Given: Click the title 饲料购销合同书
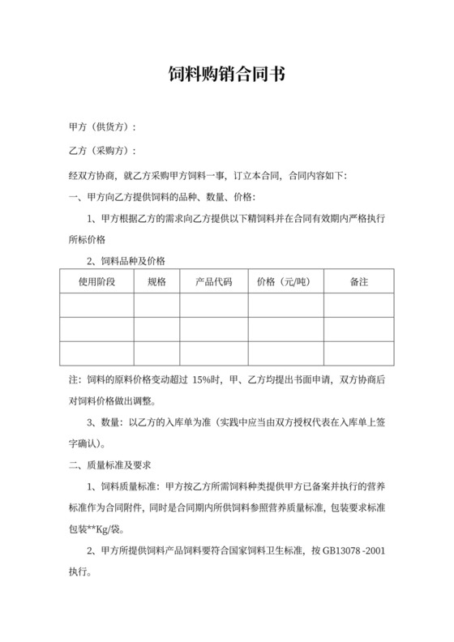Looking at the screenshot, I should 227,75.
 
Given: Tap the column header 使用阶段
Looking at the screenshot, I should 96,282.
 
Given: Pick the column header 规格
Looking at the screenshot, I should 156,282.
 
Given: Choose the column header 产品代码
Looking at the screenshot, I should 214,282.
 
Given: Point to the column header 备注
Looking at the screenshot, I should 358,282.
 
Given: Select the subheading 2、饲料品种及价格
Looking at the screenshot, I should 126,260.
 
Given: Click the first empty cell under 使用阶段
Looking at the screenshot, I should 96,305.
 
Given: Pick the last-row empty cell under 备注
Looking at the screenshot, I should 358,353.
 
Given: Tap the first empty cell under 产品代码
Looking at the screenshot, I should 214,305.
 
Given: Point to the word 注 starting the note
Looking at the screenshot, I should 73,380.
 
